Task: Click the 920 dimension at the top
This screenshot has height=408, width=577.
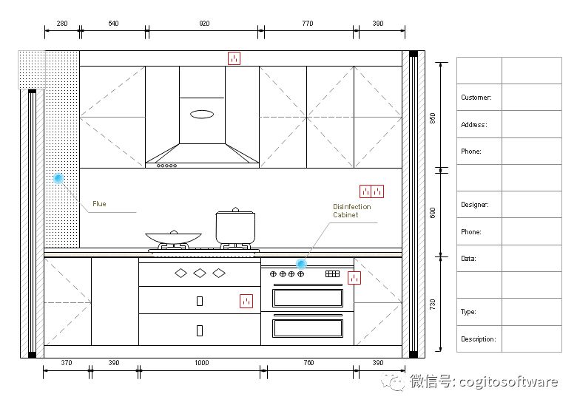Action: pos(204,24)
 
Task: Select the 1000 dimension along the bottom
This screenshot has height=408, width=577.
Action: pos(202,363)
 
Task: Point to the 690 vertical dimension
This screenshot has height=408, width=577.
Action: pos(433,213)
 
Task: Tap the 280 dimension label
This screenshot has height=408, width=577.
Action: pos(62,24)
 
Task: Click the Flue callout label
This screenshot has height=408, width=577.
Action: pos(99,204)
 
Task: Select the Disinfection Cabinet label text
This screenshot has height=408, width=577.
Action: pos(352,211)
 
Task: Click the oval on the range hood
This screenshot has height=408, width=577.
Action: pos(202,115)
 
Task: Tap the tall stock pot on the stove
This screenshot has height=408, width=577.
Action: pos(235,226)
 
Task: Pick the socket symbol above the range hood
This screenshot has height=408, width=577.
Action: pos(234,58)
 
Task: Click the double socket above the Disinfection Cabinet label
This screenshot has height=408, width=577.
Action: pos(371,191)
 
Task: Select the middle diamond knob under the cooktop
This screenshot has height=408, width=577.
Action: pos(200,273)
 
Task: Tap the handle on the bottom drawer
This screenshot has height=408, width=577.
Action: pos(200,331)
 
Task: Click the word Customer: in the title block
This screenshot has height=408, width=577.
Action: pos(476,98)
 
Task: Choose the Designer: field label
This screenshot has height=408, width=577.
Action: pos(475,205)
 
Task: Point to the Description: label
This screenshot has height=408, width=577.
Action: pos(479,339)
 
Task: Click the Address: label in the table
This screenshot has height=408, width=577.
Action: pos(474,125)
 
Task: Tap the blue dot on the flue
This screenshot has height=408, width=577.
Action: pos(58,179)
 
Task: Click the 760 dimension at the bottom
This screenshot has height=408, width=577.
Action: pos(308,363)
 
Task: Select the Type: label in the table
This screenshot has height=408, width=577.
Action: pos(468,312)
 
